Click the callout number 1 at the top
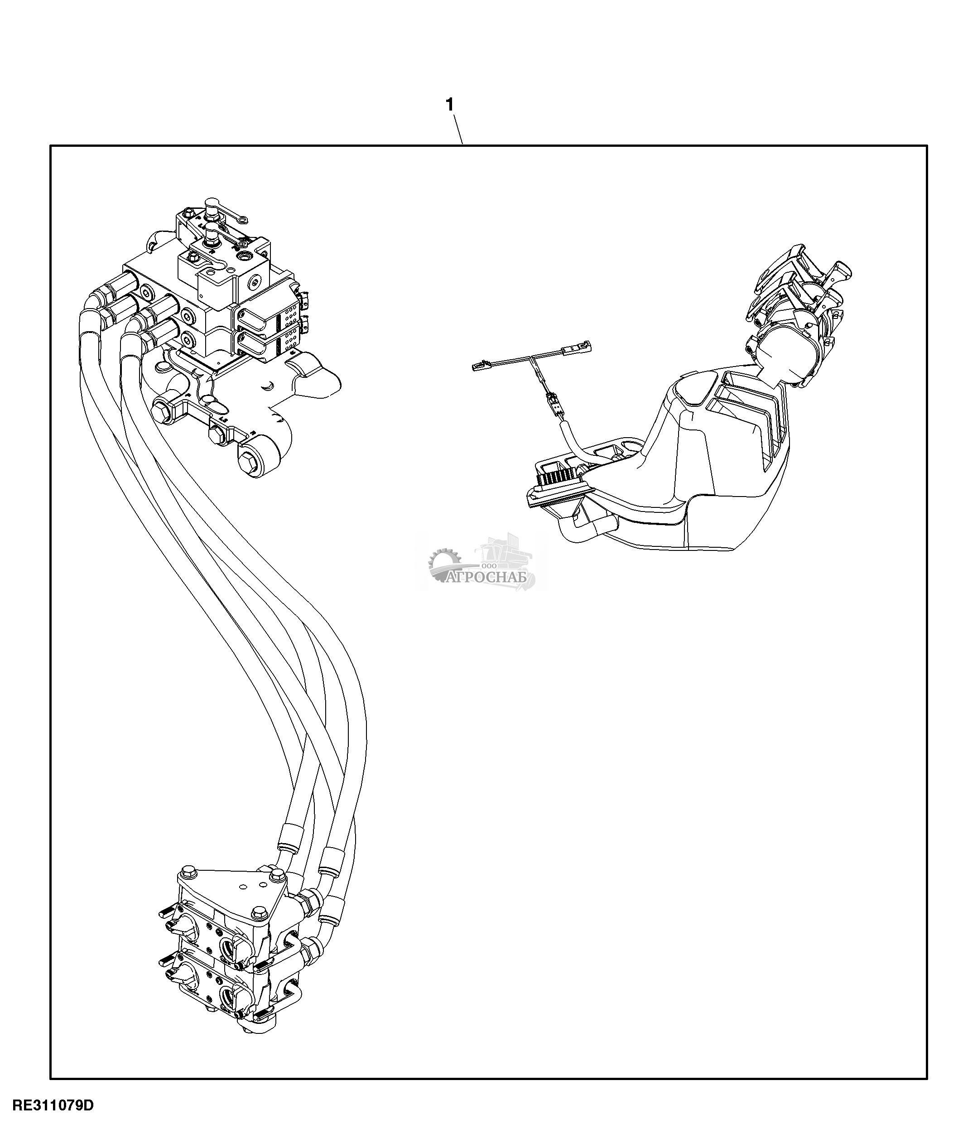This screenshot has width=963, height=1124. click(x=449, y=105)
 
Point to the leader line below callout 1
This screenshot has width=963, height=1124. click(x=457, y=129)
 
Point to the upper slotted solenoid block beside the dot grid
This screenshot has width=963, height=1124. click(x=256, y=316)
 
